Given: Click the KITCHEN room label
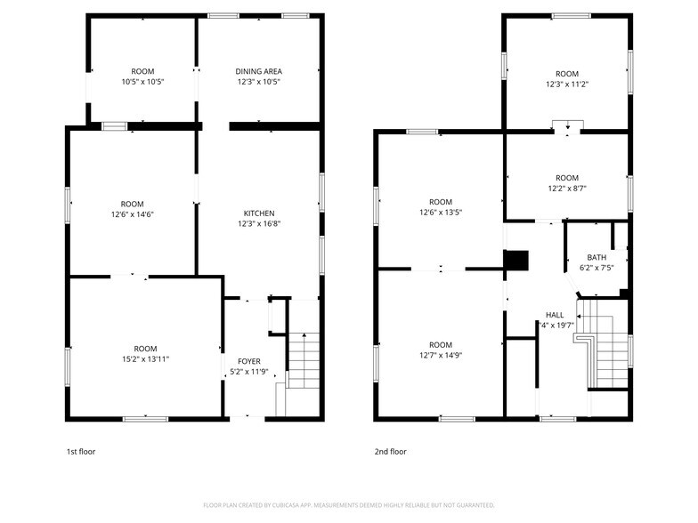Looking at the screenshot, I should pos(259,213).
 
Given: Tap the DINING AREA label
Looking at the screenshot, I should pos(259,71).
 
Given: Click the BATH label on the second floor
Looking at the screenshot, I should pos(597,257).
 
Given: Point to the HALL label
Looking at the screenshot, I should pos(555,315).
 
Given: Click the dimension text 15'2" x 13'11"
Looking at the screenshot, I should pos(145,358).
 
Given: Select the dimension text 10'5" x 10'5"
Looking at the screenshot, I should pos(142,82).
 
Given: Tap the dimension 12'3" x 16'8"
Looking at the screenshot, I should pos(259,224).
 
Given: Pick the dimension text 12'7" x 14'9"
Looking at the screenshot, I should pos(441,356).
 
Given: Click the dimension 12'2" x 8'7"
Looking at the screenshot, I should pos(566,189).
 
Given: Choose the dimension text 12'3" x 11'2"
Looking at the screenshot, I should pos(566,84).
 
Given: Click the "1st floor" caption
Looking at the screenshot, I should pos(81,452).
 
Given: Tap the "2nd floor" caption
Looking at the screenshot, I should pos(390,452).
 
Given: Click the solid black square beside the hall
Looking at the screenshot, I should pos(516,260).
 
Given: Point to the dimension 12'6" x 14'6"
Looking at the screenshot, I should pos(132,214).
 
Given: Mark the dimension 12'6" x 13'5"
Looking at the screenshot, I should pos(441,213).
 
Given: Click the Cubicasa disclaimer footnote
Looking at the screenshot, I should pos(348,504).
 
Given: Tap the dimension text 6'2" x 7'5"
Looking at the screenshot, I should pos(597,267).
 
